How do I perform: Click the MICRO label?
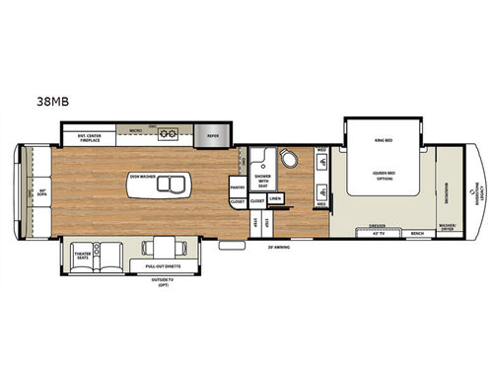(x=136, y=128)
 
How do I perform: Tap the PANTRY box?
(x=237, y=186)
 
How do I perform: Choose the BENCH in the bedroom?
(x=418, y=234)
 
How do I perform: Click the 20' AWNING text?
(x=289, y=247)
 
